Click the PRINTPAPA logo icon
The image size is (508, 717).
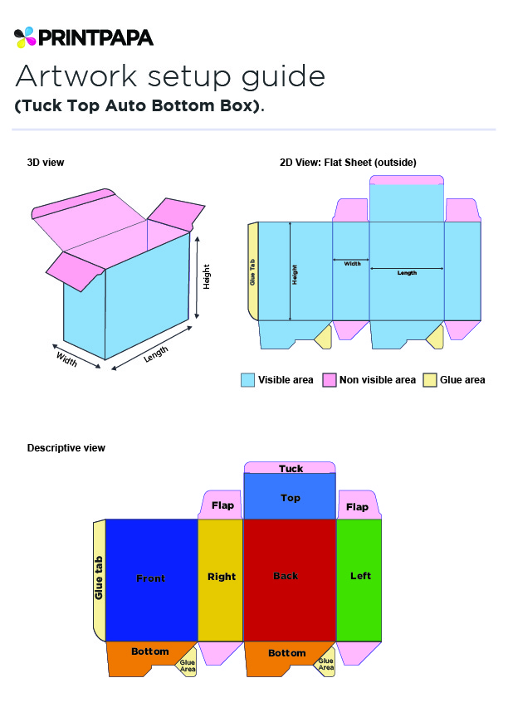[25, 37]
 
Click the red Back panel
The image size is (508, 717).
[290, 580]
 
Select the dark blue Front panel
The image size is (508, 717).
[151, 580]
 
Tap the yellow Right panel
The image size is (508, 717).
[221, 580]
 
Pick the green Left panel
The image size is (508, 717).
[359, 580]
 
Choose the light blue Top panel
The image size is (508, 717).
[290, 496]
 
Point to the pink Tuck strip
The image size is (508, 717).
[290, 467]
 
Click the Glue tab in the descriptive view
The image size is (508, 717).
[100, 580]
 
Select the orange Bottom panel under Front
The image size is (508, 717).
[146, 658]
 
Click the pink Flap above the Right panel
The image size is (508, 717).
[222, 505]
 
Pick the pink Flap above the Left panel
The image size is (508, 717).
[359, 505]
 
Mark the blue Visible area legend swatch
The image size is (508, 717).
[247, 380]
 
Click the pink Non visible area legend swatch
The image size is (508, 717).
[330, 380]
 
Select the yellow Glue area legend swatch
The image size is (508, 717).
[430, 380]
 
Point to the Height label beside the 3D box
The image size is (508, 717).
[207, 276]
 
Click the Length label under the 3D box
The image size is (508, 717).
[156, 354]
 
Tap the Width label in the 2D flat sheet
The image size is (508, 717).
[352, 264]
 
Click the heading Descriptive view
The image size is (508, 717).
[66, 448]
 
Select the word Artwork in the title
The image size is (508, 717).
[76, 76]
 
